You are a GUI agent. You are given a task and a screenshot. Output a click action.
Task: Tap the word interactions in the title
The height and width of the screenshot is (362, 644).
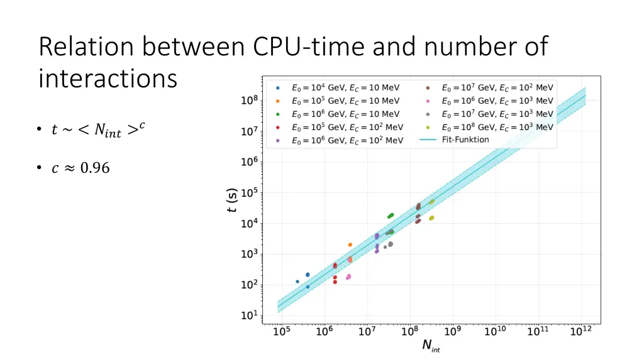[x=108, y=79]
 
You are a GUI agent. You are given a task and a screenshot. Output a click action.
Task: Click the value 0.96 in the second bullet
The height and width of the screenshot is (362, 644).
[x=94, y=168]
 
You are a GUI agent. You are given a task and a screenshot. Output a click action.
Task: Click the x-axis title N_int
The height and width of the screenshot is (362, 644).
[x=431, y=346]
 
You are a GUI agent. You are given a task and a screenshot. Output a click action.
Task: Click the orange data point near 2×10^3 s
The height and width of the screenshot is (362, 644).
[x=350, y=244]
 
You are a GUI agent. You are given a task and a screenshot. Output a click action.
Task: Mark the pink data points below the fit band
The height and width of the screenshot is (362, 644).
[x=348, y=277]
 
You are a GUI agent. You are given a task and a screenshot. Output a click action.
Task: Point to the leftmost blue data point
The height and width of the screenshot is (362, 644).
[x=297, y=282]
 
